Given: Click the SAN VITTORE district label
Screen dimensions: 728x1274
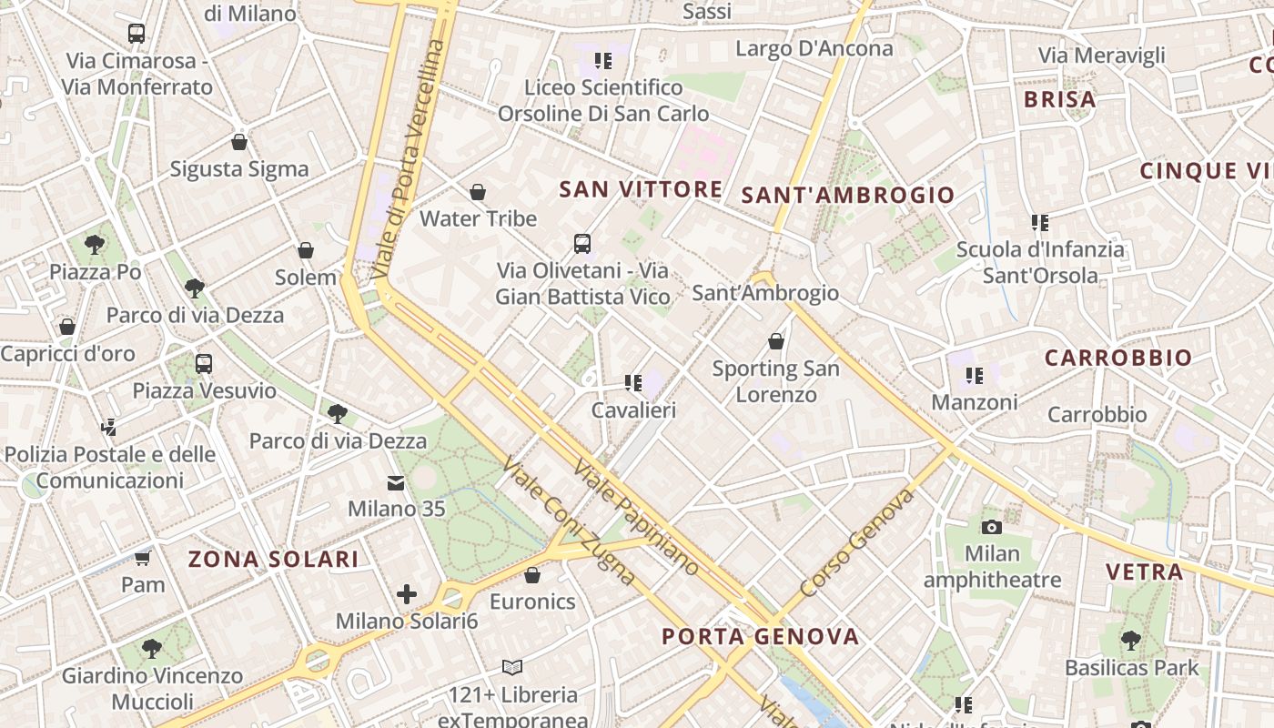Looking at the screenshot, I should point(641,189).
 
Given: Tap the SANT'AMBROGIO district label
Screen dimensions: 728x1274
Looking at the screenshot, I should point(847,195).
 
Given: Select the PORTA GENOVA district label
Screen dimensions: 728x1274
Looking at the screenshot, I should point(760,636).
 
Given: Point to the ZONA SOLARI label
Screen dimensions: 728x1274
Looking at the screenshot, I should point(273,559).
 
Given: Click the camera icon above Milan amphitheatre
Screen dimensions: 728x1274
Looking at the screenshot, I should point(992,527).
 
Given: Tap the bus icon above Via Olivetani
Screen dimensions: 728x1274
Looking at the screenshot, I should point(582,244).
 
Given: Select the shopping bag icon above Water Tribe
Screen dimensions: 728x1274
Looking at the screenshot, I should point(478,192).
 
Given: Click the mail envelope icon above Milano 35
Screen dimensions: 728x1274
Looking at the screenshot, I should point(396,482).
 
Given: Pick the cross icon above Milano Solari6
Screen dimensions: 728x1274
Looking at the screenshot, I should point(407,595).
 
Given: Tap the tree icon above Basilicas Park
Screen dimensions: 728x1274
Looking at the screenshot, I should point(1131,641).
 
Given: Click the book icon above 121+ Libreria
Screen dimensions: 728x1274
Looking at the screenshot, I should point(512,668).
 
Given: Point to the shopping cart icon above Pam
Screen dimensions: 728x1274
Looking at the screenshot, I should point(143,558).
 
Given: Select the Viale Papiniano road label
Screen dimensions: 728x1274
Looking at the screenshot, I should point(637,517).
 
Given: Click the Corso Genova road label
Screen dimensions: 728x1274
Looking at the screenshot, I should point(858,542).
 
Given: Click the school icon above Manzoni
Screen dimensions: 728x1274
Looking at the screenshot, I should point(975,375).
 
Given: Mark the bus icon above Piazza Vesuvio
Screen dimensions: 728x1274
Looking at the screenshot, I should point(204,364).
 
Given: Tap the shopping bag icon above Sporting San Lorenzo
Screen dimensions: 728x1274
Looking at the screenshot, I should point(776,341).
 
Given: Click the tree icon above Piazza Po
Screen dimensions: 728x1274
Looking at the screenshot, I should point(95,244).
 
